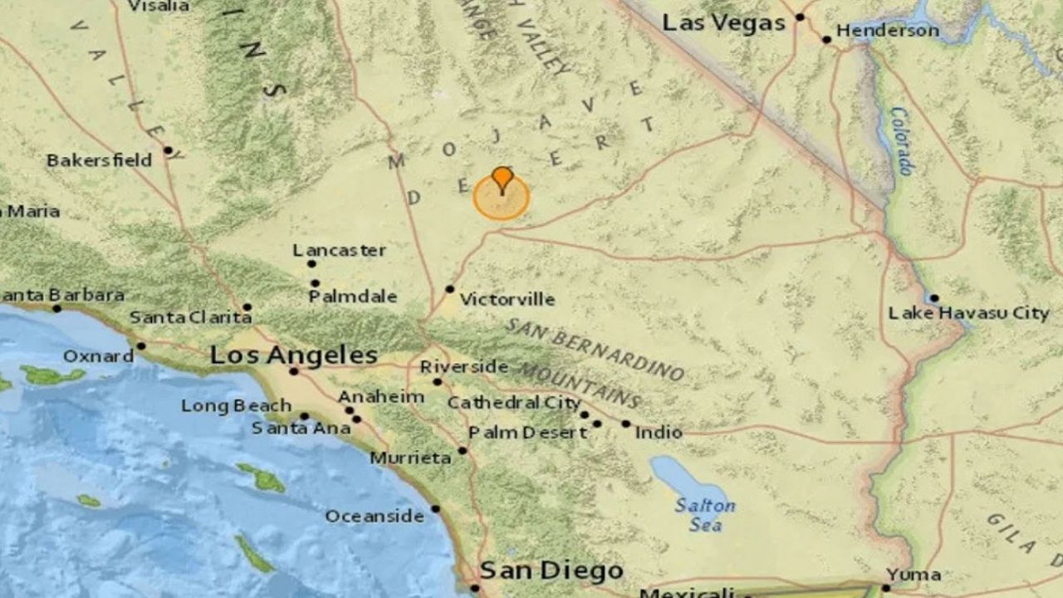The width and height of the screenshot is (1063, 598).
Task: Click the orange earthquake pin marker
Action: point(502,178)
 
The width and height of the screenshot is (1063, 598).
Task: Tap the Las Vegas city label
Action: point(723,23)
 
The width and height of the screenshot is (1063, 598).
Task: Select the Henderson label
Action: point(887,31)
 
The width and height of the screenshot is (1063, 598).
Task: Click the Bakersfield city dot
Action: point(169,150)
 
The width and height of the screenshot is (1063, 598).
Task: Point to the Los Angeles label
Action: point(293,356)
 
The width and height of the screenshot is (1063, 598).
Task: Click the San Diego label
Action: point(551,571)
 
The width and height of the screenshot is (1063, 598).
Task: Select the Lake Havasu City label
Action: point(968,313)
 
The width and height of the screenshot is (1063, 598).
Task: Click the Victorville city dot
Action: point(449,289)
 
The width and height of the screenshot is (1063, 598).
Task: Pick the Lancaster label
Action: point(340,250)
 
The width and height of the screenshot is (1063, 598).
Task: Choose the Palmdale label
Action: point(353,297)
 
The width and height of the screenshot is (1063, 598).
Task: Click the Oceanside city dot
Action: point(435,508)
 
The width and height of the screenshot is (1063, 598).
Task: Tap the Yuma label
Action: point(914,574)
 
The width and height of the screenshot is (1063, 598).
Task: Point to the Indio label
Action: point(659,432)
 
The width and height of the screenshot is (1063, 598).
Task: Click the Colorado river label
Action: point(900,140)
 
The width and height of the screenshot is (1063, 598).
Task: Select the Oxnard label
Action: point(98,356)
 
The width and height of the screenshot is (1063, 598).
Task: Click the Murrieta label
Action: point(410,458)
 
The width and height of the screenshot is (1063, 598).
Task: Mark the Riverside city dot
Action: point(437,382)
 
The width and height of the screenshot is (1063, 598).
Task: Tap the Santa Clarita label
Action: point(190,316)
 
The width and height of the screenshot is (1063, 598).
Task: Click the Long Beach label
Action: point(236,406)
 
